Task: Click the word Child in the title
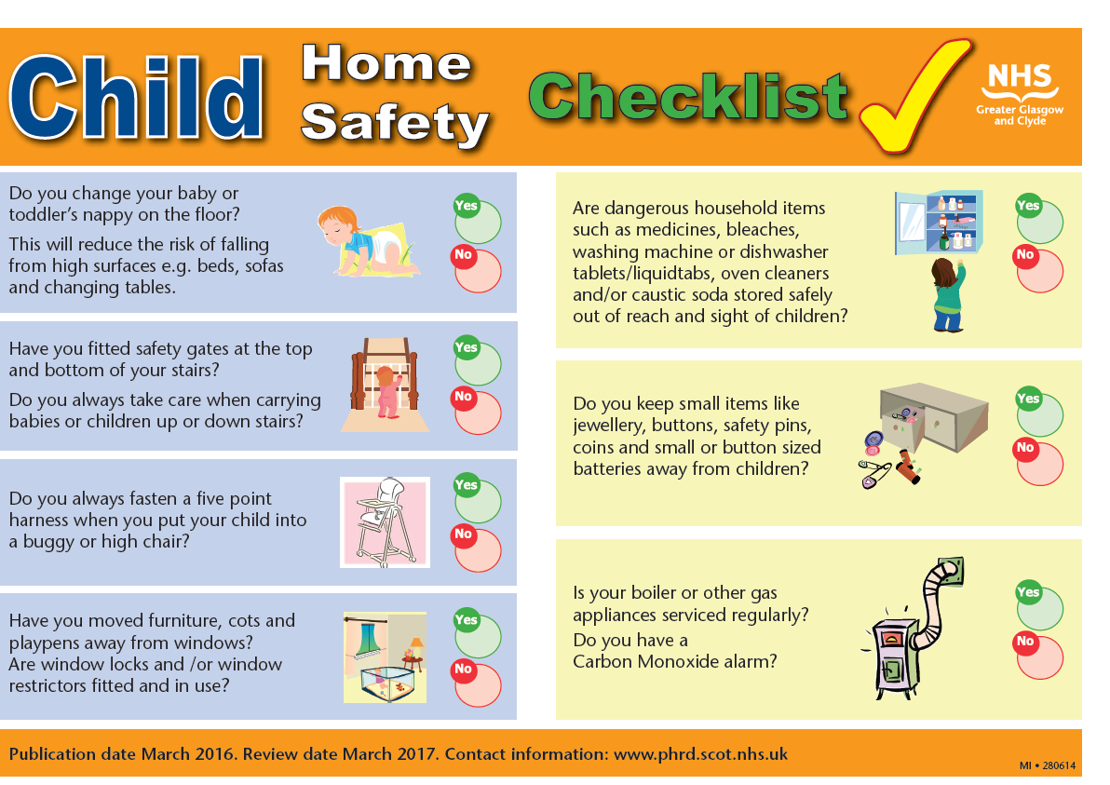click(x=136, y=97)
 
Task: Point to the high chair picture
click(x=385, y=522)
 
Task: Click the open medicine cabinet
click(x=939, y=222)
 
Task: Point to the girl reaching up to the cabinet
click(x=949, y=294)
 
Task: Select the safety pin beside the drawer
click(x=875, y=472)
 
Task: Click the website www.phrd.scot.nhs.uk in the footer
click(x=701, y=754)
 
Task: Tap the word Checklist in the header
click(x=688, y=97)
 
